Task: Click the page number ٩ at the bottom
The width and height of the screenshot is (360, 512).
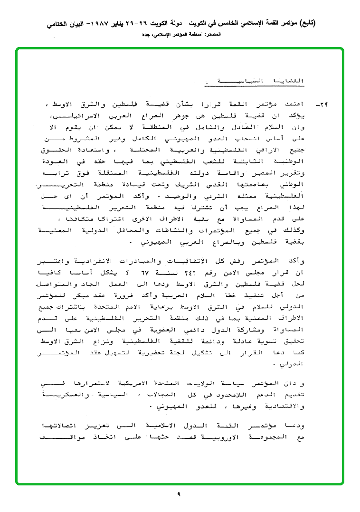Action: [180, 494]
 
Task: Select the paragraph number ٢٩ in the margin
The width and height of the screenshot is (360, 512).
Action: [326, 104]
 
